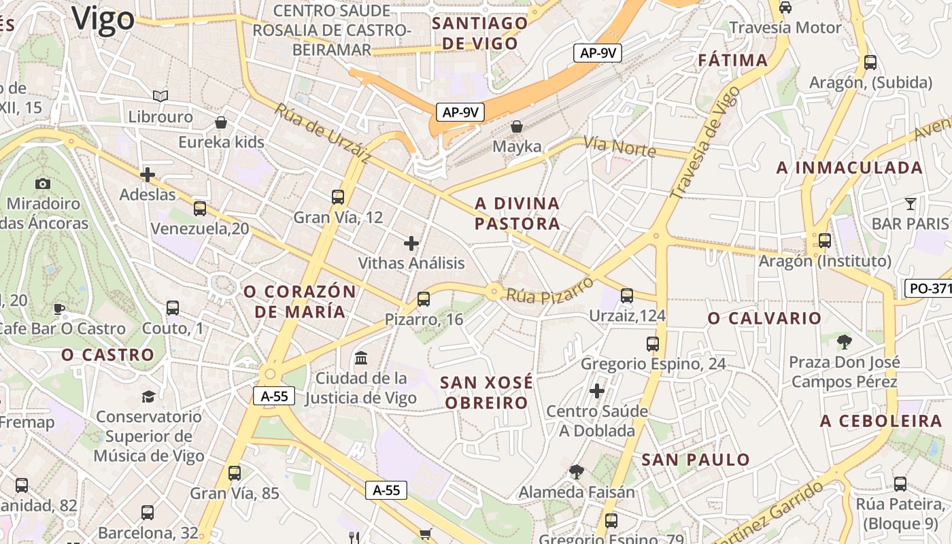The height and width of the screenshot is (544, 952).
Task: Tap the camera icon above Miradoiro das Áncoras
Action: coord(42,184)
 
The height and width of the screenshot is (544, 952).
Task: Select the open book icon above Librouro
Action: coord(160,97)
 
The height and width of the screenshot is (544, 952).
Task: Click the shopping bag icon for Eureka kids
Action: coord(220,122)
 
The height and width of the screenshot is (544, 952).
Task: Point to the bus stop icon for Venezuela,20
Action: coord(200,209)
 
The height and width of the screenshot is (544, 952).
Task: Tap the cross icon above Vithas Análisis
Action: coord(411,243)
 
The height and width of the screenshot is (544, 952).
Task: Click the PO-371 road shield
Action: coord(929,288)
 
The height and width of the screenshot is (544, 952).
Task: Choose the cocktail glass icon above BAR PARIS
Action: coord(911,203)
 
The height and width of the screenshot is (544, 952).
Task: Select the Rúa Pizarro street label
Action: coord(549,290)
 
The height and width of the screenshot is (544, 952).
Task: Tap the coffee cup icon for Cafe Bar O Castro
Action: coord(60,309)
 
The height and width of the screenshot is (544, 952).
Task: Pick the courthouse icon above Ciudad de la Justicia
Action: coord(361,358)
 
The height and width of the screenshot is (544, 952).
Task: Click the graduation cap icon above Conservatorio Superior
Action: coord(148,396)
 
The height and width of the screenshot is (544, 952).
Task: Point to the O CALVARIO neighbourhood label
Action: coord(764,318)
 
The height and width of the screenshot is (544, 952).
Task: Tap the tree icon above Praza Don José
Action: coord(845,341)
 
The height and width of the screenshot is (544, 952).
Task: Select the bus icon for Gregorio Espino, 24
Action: coord(653,344)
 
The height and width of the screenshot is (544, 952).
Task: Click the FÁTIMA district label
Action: coord(732,61)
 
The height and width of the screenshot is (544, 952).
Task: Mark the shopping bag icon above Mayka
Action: coord(517,126)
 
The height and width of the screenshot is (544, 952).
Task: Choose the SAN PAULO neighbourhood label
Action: coord(696,460)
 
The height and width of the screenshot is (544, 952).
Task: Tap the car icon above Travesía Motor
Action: coord(785,7)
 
